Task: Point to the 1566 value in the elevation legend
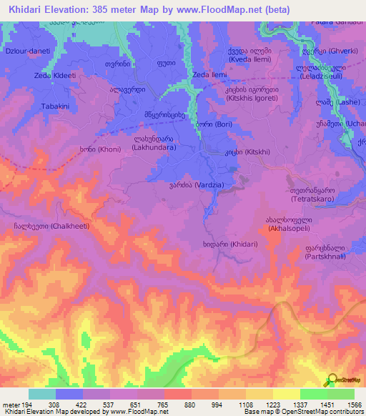(353, 405)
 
